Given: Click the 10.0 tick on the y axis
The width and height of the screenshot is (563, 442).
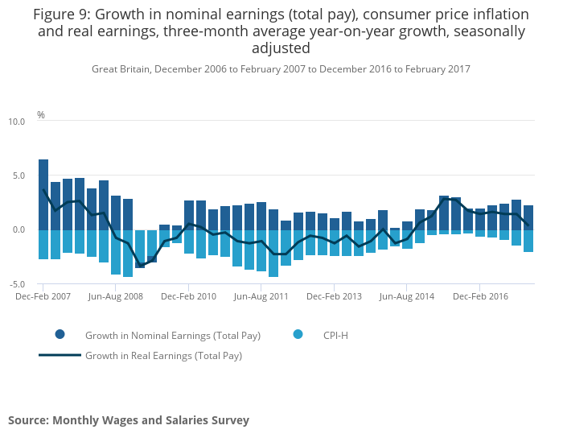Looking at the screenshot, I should click(17, 122).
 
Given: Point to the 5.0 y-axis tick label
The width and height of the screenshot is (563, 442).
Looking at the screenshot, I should click(18, 176).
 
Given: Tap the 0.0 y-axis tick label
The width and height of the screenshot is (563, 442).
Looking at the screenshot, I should click(18, 230).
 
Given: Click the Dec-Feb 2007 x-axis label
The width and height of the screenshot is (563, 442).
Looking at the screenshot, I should click(43, 296).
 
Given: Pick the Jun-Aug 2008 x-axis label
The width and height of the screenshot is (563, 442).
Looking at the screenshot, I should click(116, 296).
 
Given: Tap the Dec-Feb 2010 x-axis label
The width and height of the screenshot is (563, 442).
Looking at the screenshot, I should click(188, 296).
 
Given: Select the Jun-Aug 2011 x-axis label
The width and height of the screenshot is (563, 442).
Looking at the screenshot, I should click(261, 296).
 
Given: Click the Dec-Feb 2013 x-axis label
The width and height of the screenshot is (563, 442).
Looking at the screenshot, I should click(334, 296).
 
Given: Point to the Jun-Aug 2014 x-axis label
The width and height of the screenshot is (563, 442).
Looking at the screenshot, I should click(406, 296).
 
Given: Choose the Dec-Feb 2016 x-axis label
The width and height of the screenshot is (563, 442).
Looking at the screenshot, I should click(479, 296).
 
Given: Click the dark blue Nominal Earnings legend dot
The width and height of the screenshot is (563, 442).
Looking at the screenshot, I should click(60, 334).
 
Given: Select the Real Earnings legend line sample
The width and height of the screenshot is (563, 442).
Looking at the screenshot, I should click(60, 355).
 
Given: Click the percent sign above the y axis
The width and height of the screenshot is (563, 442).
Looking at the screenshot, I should click(41, 115).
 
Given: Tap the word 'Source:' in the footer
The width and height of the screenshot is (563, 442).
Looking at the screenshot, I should click(28, 420).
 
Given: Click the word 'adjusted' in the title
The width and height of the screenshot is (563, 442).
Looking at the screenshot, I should click(281, 48).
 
